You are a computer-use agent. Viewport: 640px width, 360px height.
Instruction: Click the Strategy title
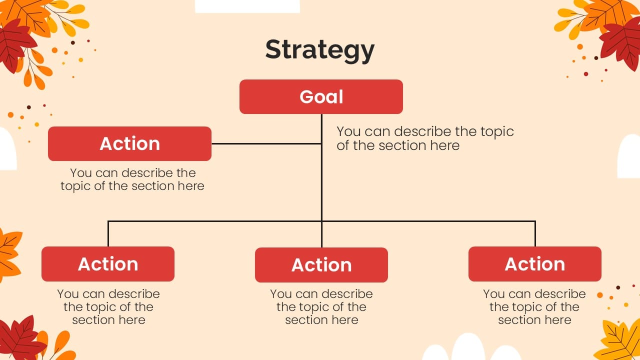coord(319,50)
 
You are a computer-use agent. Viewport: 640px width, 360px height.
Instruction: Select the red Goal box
coord(321,97)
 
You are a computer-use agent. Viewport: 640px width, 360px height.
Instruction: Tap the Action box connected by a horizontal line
coord(129,143)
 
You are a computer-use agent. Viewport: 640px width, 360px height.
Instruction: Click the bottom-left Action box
coord(108,264)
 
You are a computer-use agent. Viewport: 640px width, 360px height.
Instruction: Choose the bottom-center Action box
coord(321,265)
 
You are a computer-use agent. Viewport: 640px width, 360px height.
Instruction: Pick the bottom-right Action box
coord(535,264)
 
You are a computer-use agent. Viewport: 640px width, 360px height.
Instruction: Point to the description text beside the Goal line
coord(425,138)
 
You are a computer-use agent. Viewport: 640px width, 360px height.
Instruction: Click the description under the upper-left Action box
coord(132,179)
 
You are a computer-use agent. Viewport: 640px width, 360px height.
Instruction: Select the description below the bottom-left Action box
coord(108,307)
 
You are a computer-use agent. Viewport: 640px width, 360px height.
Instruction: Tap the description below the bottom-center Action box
coord(321,307)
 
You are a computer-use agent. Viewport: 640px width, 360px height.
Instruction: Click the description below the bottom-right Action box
coord(534,307)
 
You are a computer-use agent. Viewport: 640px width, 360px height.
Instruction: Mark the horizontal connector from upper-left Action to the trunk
coord(266,143)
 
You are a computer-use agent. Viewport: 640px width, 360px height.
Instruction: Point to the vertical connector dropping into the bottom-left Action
coord(108,233)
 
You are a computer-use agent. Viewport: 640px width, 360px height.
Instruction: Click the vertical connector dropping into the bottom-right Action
coord(535,233)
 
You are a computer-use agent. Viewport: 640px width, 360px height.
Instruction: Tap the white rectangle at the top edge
coord(247,6)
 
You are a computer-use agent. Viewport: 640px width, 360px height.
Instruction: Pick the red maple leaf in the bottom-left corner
coord(20,338)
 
